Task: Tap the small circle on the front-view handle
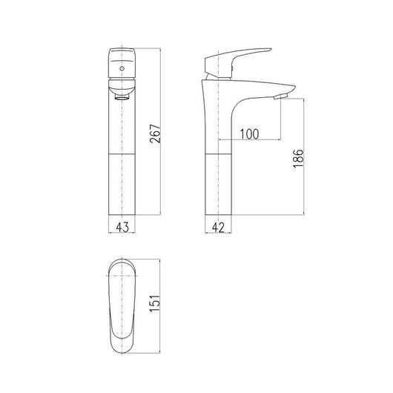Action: pos(122,67)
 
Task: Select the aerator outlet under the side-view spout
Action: pos(281,97)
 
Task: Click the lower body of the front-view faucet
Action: pos(122,185)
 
